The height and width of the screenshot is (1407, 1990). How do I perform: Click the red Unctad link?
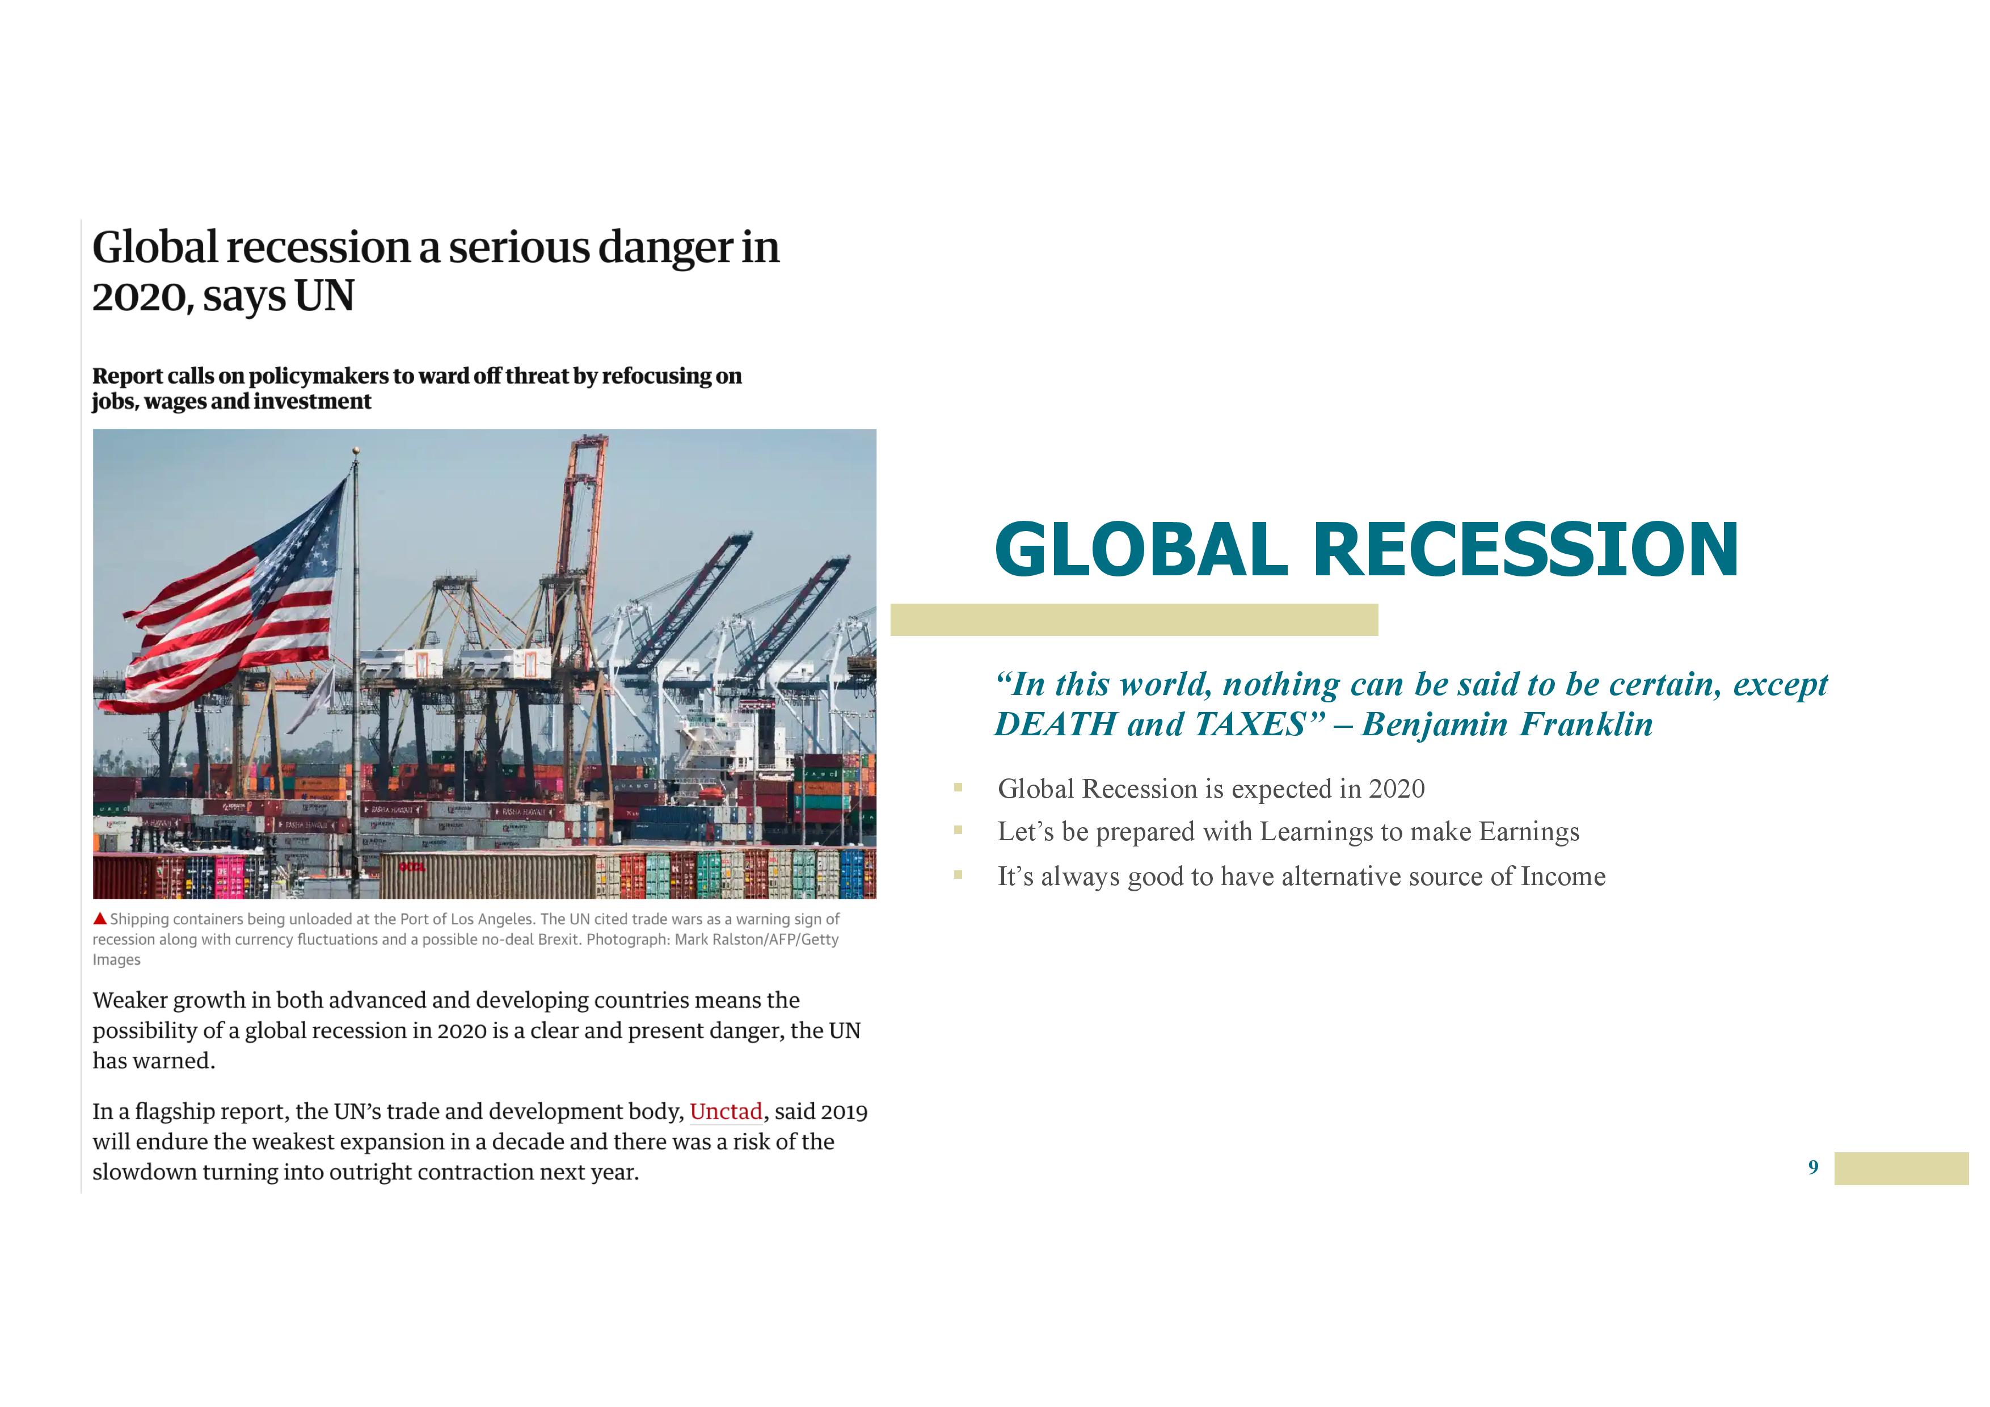pyautogui.click(x=726, y=1111)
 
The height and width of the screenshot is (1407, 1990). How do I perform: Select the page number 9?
pyautogui.click(x=1813, y=1167)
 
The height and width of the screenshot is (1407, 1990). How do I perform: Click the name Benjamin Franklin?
pyautogui.click(x=1507, y=724)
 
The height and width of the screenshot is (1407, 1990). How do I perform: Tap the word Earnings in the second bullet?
pyautogui.click(x=1529, y=832)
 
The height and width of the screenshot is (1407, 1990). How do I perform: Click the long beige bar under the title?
pyautogui.click(x=1133, y=620)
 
